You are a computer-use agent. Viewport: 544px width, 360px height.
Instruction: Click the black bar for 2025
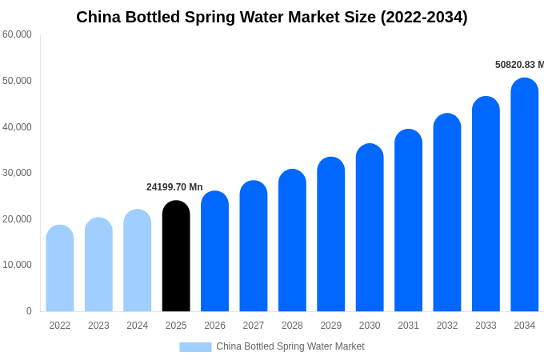coord(176,256)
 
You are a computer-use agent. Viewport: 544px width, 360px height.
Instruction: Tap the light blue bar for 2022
coord(60,268)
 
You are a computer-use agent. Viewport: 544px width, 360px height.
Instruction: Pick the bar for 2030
coord(370,227)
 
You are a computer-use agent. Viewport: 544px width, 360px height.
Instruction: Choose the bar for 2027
coord(254,246)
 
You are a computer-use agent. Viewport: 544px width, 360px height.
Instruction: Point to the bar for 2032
coord(447,212)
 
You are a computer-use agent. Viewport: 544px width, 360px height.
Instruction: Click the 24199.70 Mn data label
coord(174,187)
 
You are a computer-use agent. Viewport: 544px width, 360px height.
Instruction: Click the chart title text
coord(272,17)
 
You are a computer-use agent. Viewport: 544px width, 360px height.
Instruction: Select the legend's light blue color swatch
coord(195,346)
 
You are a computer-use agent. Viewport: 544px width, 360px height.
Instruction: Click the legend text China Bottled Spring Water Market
coord(290,346)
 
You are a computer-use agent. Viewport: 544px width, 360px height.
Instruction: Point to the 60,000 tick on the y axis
coord(17,34)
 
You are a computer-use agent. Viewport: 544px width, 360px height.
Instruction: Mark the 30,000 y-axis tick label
coord(17,173)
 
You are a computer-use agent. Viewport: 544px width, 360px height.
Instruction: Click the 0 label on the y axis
coord(29,311)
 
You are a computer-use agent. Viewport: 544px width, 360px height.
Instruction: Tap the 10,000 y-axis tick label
coord(17,265)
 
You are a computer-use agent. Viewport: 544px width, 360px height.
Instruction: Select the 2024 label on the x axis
coord(138,326)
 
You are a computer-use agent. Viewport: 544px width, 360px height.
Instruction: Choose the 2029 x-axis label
coord(331,326)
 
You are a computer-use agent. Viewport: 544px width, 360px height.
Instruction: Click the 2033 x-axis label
coord(486,326)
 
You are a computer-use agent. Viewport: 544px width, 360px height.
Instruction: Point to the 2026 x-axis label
coord(214,326)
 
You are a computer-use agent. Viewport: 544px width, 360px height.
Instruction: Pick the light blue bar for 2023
coord(98,264)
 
